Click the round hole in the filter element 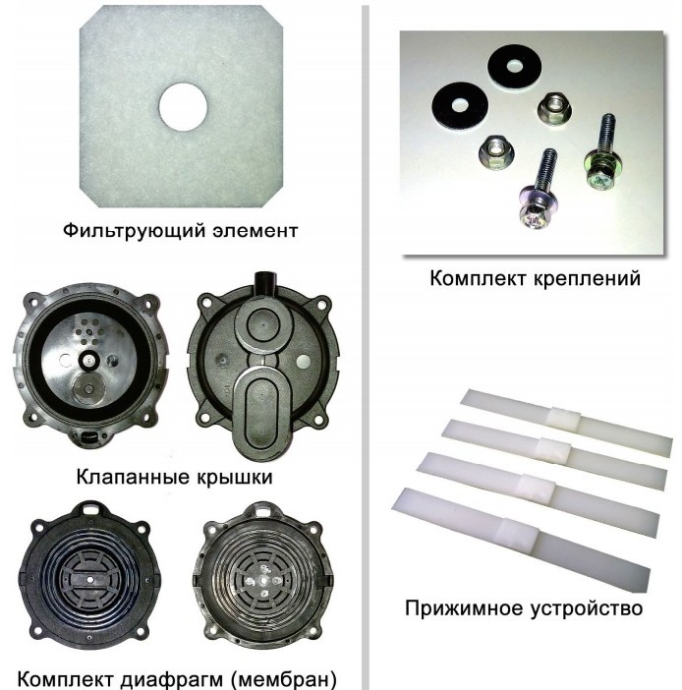coord(183,107)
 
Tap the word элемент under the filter coord(256,231)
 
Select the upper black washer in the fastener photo coord(514,68)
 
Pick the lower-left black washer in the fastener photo coord(459,105)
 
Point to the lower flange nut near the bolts coord(496,152)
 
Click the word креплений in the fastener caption coord(587,279)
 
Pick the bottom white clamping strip coord(521,540)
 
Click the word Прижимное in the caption coord(464,609)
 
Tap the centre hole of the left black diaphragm coord(89,579)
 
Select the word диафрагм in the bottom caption coord(172,679)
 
